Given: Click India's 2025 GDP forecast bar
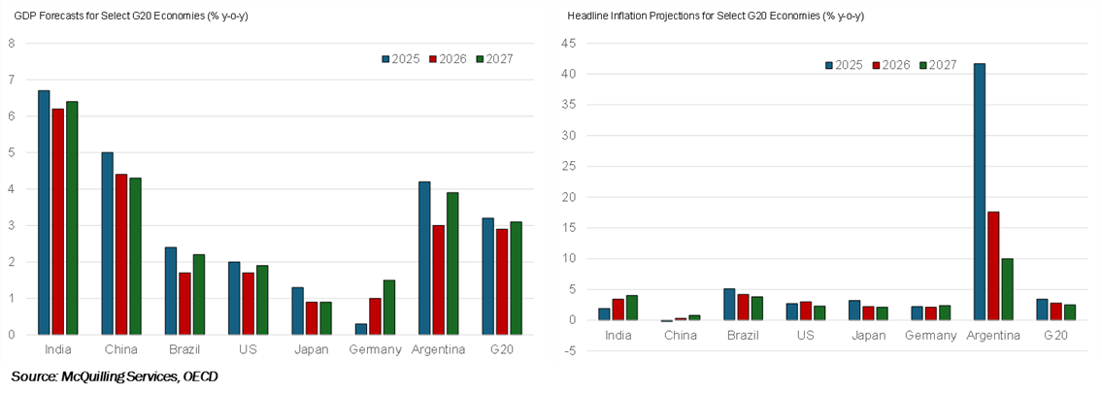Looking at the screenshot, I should point(44,213).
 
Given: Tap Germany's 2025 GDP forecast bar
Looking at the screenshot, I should point(360,329).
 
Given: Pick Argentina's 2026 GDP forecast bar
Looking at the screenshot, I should point(439,279).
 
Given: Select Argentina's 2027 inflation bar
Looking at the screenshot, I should point(1007,289).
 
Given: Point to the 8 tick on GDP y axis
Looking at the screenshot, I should point(12,43).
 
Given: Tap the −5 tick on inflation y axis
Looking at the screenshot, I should point(571,350).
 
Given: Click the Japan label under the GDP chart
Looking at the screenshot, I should point(312,349).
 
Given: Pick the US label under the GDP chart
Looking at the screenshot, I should point(249,349).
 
